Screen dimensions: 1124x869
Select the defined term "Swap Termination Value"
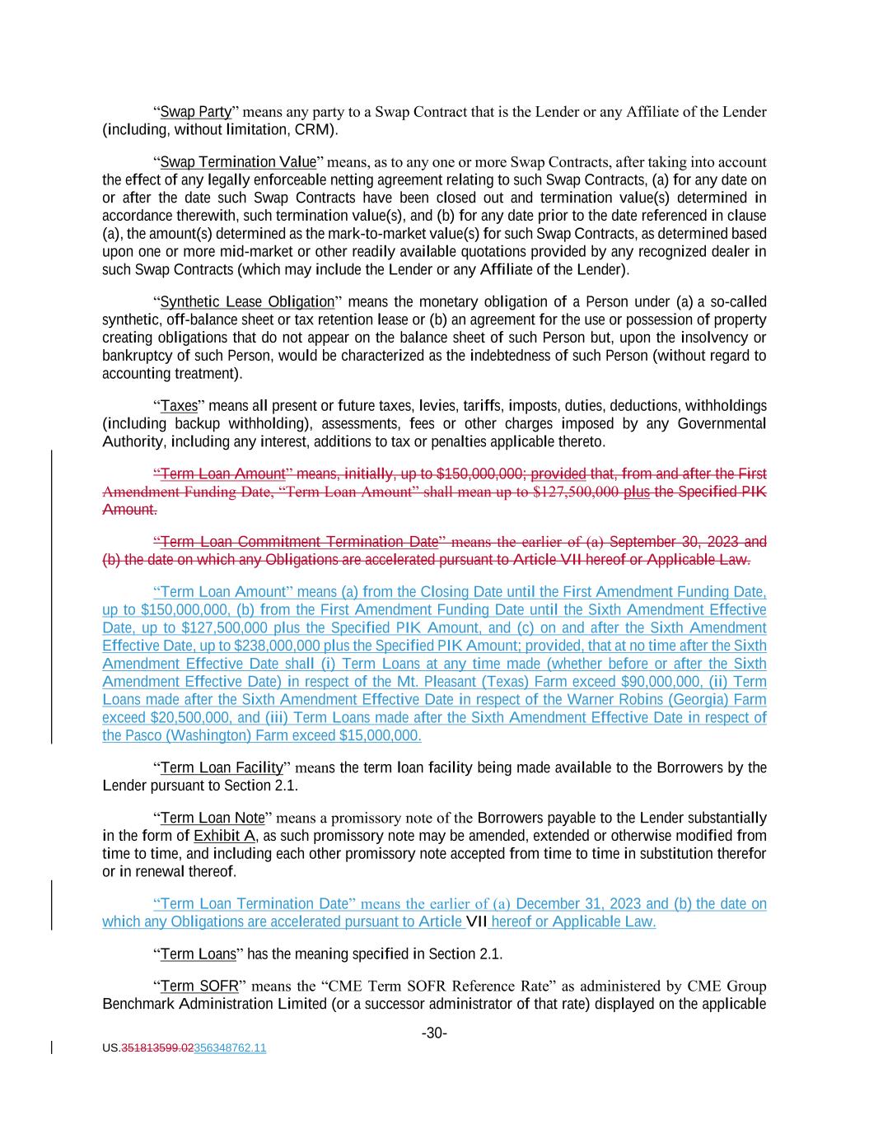coord(238,162)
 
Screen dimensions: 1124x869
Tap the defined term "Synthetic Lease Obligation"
coord(247,301)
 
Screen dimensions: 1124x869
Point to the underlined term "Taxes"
coord(179,406)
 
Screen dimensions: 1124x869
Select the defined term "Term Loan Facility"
coord(222,768)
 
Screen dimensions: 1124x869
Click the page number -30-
coord(434,1033)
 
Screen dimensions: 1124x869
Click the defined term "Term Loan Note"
coord(213,819)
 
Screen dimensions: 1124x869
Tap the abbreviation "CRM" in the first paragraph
coord(313,130)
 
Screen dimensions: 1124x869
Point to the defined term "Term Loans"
coord(198,954)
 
